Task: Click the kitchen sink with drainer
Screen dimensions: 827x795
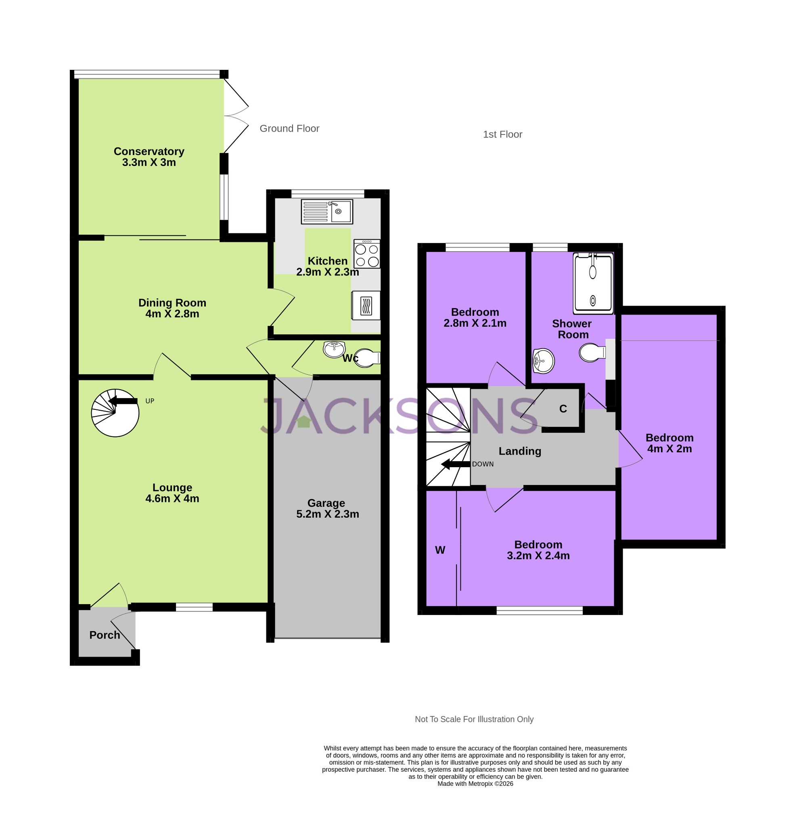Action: point(326,211)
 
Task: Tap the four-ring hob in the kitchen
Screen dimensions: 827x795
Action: point(366,254)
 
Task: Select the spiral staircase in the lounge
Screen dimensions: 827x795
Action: point(115,413)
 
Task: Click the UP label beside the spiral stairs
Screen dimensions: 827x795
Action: point(150,401)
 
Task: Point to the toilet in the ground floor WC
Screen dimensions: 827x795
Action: point(366,358)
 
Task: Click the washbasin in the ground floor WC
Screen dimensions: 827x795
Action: point(334,349)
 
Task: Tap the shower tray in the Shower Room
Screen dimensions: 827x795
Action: point(592,283)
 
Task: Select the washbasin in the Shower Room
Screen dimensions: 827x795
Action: point(543,361)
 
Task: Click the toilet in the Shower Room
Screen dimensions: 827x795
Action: point(592,352)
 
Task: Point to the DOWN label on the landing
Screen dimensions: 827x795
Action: point(483,464)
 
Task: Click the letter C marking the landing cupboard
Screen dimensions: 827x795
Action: point(563,408)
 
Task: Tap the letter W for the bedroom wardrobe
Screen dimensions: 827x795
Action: point(440,550)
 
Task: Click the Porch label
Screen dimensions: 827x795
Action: point(105,635)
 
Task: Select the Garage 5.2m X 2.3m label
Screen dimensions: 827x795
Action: point(327,508)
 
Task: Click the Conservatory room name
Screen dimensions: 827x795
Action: point(149,151)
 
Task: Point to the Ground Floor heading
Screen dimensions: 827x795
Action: point(289,128)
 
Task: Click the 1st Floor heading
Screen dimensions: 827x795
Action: point(502,134)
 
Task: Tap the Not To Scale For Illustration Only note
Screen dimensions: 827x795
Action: point(474,719)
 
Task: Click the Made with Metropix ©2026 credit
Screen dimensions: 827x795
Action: point(475,783)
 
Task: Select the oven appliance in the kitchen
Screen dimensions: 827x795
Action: point(366,306)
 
